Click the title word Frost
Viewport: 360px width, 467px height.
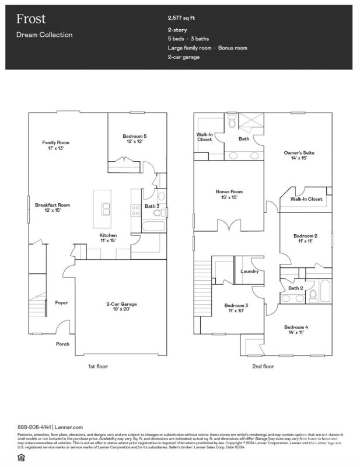(x=27, y=19)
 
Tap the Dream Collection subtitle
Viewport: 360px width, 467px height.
(x=44, y=35)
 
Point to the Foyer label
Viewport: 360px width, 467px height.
(x=62, y=303)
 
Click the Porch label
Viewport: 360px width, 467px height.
(x=62, y=344)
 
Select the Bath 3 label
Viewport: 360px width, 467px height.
(x=152, y=206)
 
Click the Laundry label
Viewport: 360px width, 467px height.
(x=250, y=271)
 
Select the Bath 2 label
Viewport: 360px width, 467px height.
(x=296, y=288)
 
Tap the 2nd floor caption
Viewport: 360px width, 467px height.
(x=263, y=367)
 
